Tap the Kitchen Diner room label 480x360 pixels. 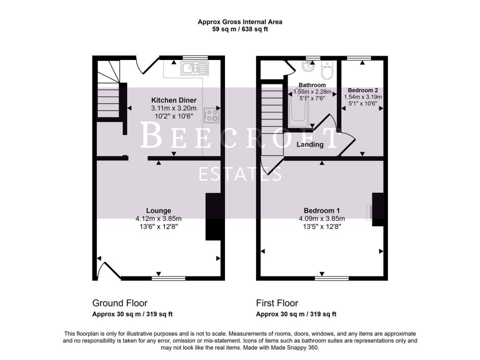173,100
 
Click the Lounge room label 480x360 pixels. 158,210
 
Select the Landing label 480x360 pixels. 310,145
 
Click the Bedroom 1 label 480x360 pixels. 322,210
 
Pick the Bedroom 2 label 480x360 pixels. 363,90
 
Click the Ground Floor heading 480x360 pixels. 120,303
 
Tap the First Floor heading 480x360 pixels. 277,303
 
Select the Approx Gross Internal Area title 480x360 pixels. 240,22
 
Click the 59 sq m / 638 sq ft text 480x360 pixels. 240,29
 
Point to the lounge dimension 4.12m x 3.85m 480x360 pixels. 158,218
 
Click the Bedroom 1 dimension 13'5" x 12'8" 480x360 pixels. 322,226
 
